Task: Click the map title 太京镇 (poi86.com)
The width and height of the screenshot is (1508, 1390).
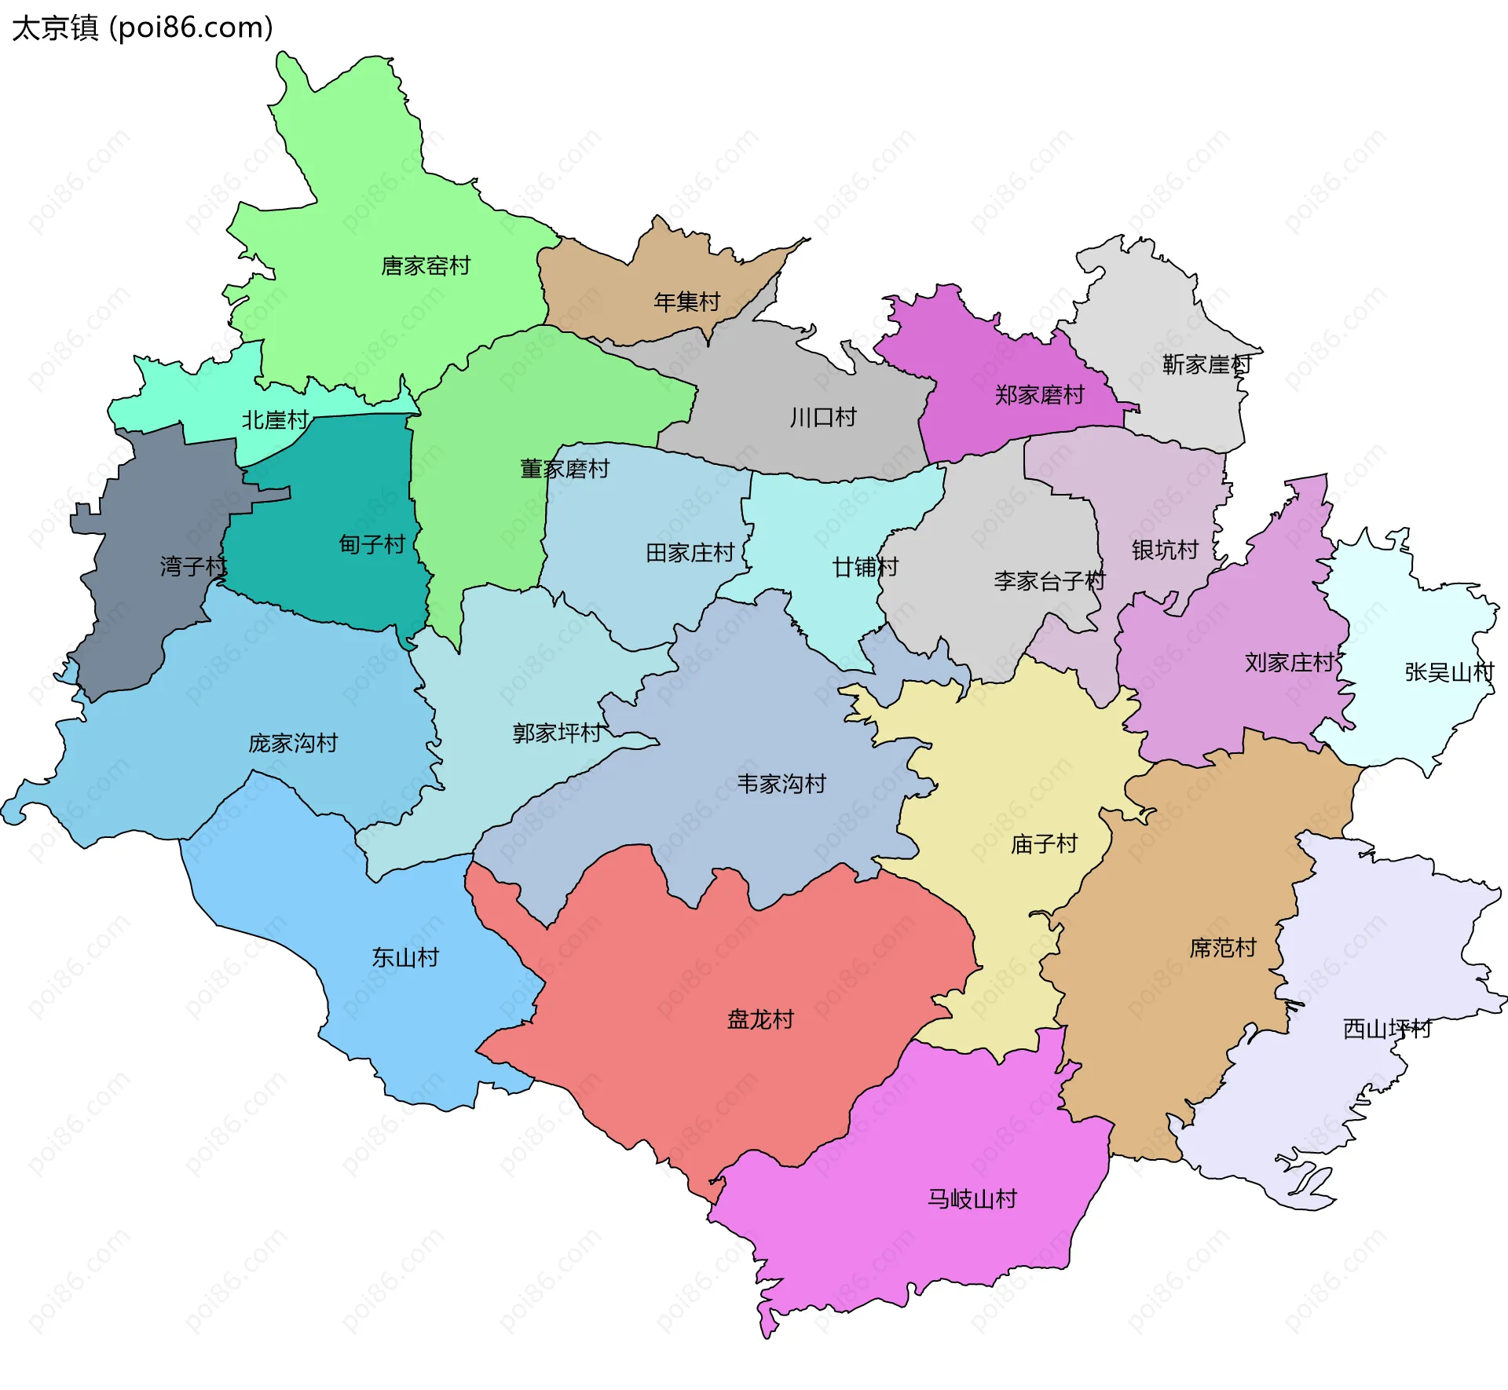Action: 142,27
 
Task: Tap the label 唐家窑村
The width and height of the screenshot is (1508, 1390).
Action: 426,266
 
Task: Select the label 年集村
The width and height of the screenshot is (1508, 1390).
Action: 686,302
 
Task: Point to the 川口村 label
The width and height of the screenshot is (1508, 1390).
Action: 823,417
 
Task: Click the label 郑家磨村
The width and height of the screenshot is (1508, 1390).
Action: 1039,395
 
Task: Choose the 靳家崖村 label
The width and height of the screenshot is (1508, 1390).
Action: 1206,364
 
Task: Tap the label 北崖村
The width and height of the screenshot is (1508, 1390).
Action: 275,420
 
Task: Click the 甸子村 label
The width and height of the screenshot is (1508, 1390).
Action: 372,544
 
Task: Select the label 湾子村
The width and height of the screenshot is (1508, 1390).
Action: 193,566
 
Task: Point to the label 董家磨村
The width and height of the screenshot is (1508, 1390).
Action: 565,469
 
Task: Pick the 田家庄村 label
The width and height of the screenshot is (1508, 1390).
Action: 690,553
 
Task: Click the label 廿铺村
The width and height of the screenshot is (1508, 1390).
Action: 865,567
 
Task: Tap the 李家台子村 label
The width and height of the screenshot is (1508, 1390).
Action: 1049,581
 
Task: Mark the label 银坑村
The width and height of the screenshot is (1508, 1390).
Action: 1165,550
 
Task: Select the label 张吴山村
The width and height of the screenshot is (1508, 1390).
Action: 1449,672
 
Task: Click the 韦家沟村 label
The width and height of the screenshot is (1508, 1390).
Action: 781,784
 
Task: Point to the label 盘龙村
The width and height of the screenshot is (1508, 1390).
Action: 760,1019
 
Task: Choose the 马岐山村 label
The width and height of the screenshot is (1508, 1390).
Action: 972,1199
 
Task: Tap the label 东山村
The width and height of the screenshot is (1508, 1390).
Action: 405,957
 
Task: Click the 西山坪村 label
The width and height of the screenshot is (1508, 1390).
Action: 1387,1029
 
